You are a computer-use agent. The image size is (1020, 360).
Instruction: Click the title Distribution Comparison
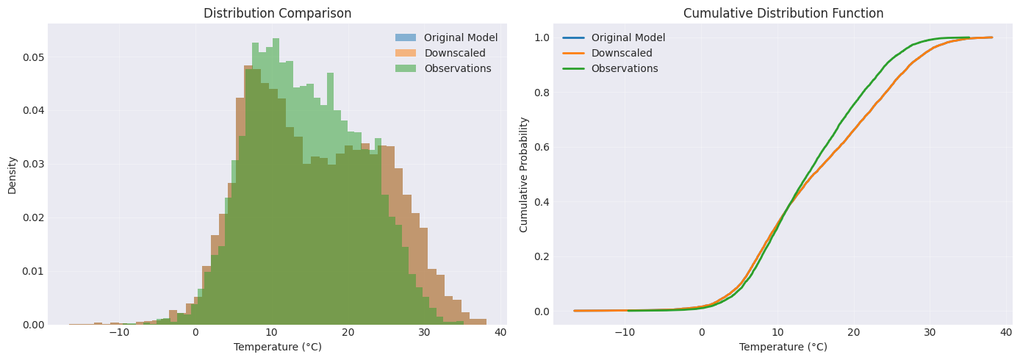pyautogui.click(x=277, y=13)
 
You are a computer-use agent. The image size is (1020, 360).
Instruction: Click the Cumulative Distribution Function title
pyautogui.click(x=783, y=13)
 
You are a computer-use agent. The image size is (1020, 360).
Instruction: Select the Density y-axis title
pyautogui.click(x=12, y=176)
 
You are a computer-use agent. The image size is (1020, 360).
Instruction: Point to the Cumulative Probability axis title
pyautogui.click(x=523, y=175)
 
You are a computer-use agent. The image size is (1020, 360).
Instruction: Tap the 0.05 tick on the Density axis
pyautogui.click(x=33, y=57)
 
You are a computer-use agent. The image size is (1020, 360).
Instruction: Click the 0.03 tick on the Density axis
pyautogui.click(x=33, y=165)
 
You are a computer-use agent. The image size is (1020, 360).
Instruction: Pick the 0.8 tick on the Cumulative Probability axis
pyautogui.click(x=542, y=93)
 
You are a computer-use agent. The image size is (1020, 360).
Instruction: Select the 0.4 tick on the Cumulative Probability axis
pyautogui.click(x=542, y=202)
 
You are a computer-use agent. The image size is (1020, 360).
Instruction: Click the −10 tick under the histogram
pyautogui.click(x=119, y=333)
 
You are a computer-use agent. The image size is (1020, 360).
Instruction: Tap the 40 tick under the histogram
pyautogui.click(x=500, y=333)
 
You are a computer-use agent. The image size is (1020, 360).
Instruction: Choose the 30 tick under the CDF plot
pyautogui.click(x=930, y=333)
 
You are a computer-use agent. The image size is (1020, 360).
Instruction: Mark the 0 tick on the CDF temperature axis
pyautogui.click(x=701, y=333)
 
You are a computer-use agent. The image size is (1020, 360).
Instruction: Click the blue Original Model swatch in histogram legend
pyautogui.click(x=405, y=37)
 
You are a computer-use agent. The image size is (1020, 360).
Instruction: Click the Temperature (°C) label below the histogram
pyautogui.click(x=277, y=347)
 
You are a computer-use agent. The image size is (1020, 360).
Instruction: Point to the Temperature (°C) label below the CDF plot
pyautogui.click(x=783, y=347)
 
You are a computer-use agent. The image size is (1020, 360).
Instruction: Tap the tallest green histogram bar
pyautogui.click(x=276, y=181)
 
